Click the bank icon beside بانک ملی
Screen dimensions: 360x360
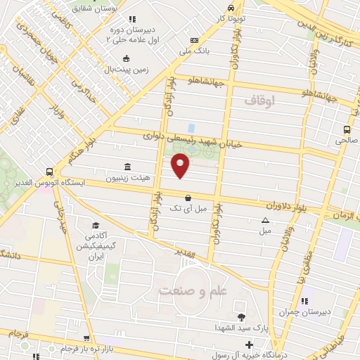point(195,40)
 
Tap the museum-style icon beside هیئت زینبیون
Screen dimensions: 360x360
point(127,167)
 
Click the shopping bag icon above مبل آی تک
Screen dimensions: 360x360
point(188,198)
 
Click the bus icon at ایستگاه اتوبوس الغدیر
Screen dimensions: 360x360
point(49,171)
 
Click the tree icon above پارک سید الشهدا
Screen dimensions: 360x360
point(242,317)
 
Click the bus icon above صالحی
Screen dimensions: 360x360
point(347,129)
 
